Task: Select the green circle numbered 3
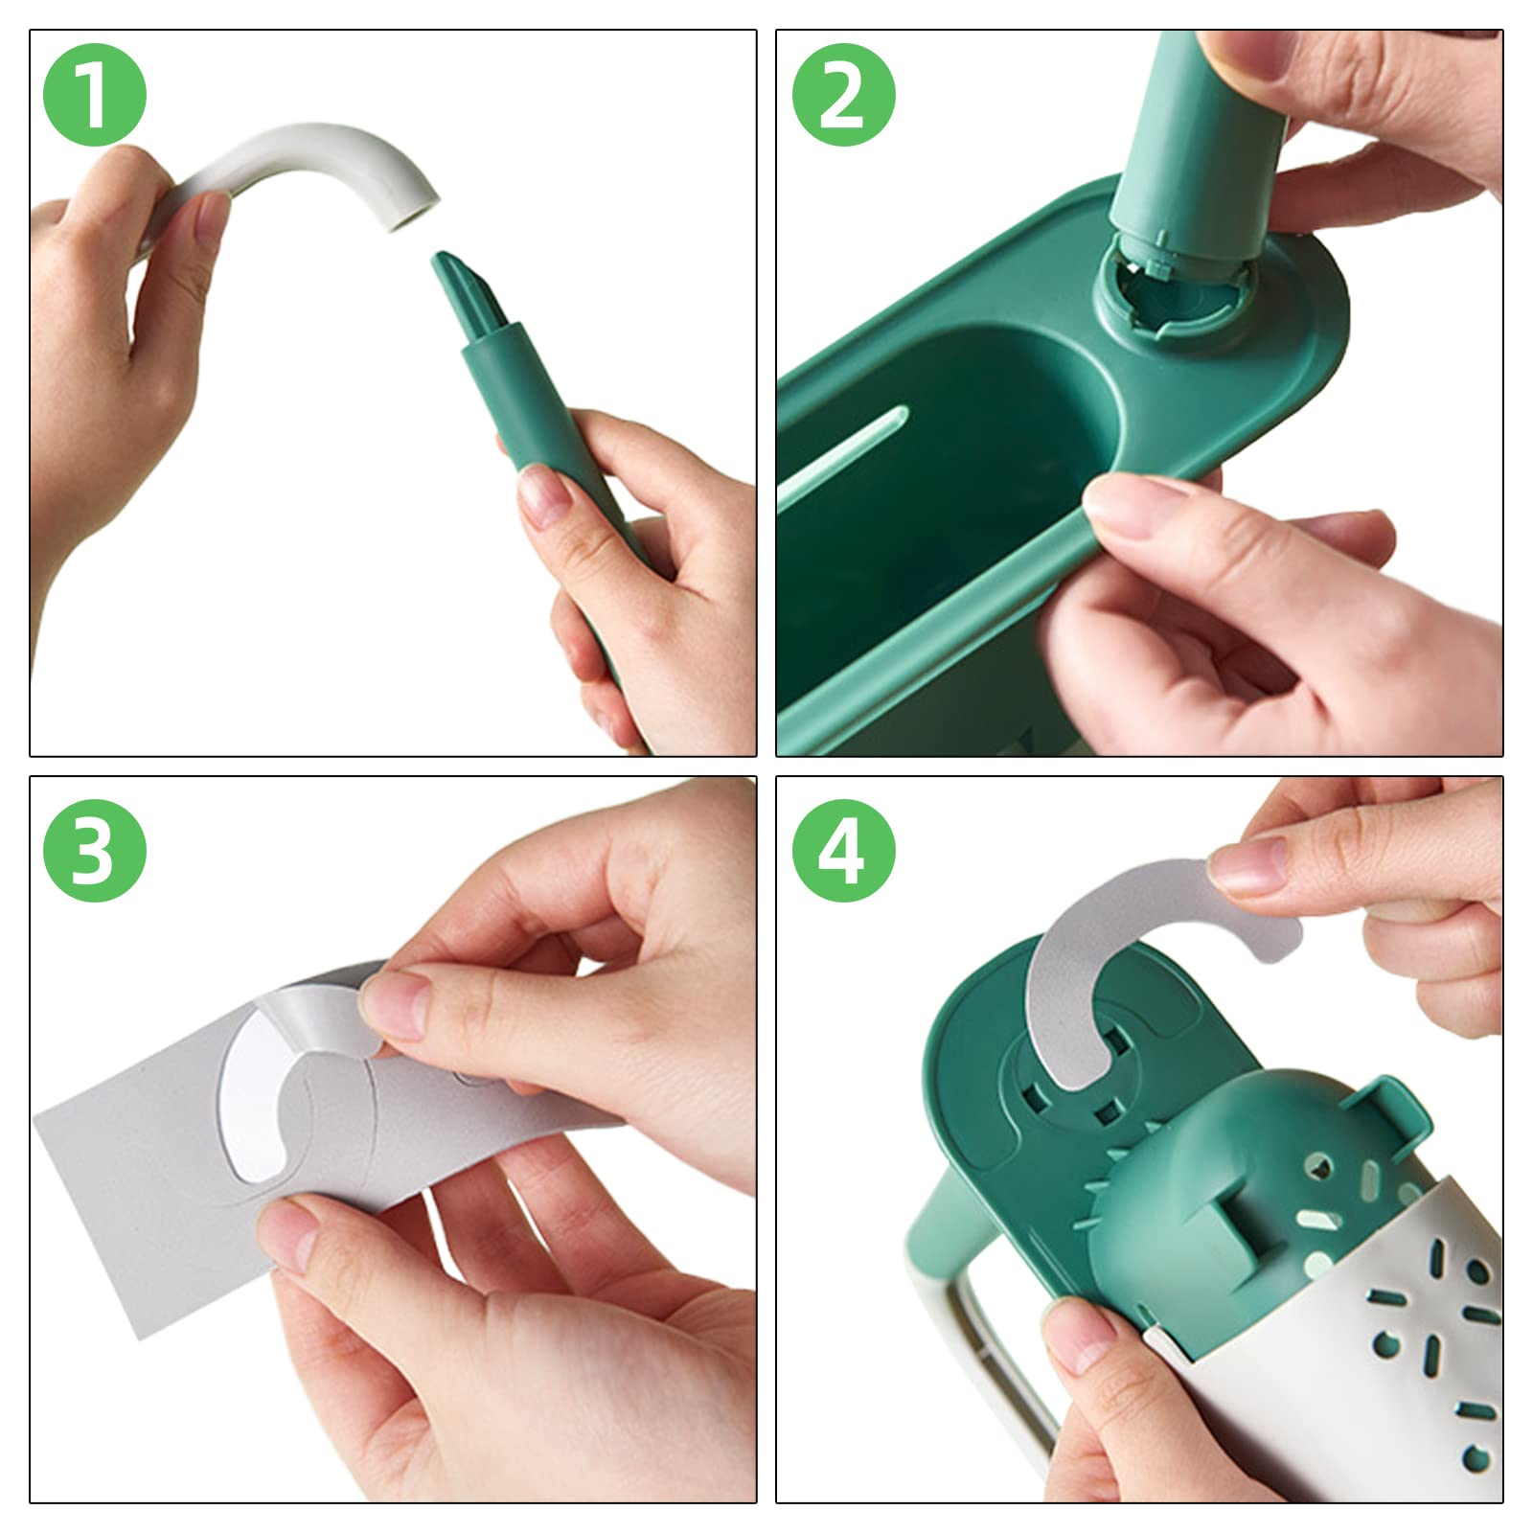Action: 94,849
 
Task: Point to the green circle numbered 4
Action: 843,849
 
